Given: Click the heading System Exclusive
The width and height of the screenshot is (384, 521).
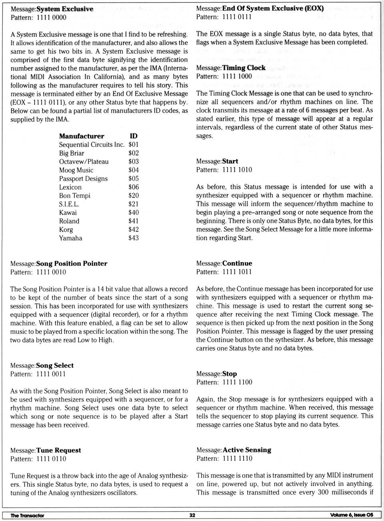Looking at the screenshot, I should point(65,9).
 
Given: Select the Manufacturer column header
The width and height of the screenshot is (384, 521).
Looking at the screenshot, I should point(82,136).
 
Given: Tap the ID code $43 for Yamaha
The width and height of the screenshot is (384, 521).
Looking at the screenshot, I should point(134,238).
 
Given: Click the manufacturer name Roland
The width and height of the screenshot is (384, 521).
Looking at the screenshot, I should point(69,221).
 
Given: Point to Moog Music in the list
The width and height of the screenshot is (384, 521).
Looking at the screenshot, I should point(76,170).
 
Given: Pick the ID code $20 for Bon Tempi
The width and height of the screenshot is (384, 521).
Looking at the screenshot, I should point(134,196).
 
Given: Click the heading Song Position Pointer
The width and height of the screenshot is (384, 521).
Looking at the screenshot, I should point(72,263).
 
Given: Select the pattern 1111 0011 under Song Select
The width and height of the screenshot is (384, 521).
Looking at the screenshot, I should point(51,374).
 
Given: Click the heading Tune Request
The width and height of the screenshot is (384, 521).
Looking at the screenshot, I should point(58,450).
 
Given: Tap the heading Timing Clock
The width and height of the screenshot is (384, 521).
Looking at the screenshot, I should point(244,68).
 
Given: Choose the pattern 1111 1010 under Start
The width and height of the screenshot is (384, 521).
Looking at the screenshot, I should point(237,170).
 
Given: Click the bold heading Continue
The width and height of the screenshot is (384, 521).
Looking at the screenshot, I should point(237,263).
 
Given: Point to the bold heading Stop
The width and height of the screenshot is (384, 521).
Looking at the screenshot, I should point(230,374).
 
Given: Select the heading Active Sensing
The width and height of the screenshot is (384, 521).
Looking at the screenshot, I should point(247,450).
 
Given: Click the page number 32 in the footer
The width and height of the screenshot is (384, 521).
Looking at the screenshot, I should point(192,515).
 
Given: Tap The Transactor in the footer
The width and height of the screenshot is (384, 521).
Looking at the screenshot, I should point(27,515).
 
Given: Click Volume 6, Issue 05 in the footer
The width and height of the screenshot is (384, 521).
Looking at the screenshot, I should point(352,515).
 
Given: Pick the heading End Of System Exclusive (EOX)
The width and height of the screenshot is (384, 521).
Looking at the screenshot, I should point(273,8).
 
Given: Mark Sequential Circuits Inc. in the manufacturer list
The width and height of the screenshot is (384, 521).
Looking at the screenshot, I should point(92,145).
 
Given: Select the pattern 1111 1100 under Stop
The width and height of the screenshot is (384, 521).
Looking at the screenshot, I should point(237,382).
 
